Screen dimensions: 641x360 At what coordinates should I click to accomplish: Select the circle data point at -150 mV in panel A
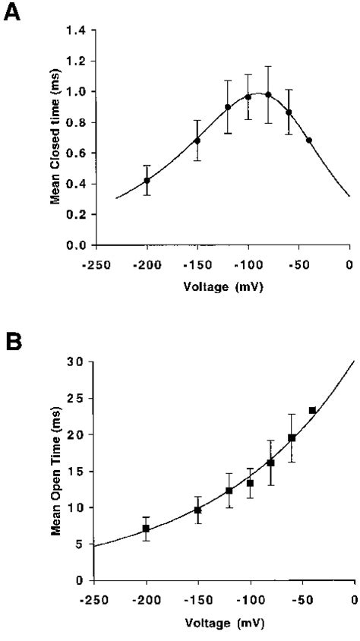(197, 141)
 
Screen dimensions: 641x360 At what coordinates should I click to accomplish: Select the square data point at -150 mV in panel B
(197, 510)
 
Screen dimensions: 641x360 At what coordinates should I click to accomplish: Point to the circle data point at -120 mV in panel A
(228, 107)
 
